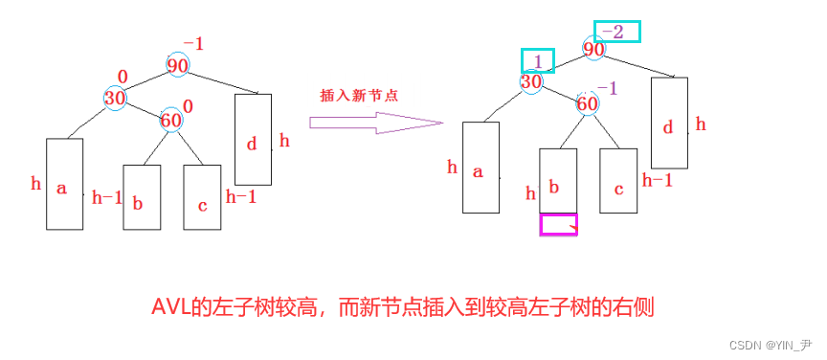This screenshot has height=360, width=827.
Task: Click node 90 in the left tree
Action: (177, 66)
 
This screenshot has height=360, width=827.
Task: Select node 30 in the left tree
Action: (116, 97)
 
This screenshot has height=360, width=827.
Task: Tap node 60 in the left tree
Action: (170, 121)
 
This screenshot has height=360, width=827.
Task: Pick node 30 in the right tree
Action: (531, 82)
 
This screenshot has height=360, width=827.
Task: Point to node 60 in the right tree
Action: (588, 103)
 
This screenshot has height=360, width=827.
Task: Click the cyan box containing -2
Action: (616, 32)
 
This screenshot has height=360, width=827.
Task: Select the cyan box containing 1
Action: (537, 61)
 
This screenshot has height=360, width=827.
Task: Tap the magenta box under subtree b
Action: (558, 225)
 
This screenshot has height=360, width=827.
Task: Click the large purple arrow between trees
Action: (376, 123)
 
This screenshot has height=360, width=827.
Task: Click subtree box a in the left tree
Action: (64, 184)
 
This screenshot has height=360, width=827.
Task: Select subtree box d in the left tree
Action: (253, 140)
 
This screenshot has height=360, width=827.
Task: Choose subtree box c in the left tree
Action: (202, 197)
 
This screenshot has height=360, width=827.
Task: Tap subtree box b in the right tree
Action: (558, 180)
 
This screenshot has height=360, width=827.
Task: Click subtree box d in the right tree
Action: (669, 123)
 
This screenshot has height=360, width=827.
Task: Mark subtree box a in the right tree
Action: (480, 168)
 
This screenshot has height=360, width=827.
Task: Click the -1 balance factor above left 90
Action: (193, 44)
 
